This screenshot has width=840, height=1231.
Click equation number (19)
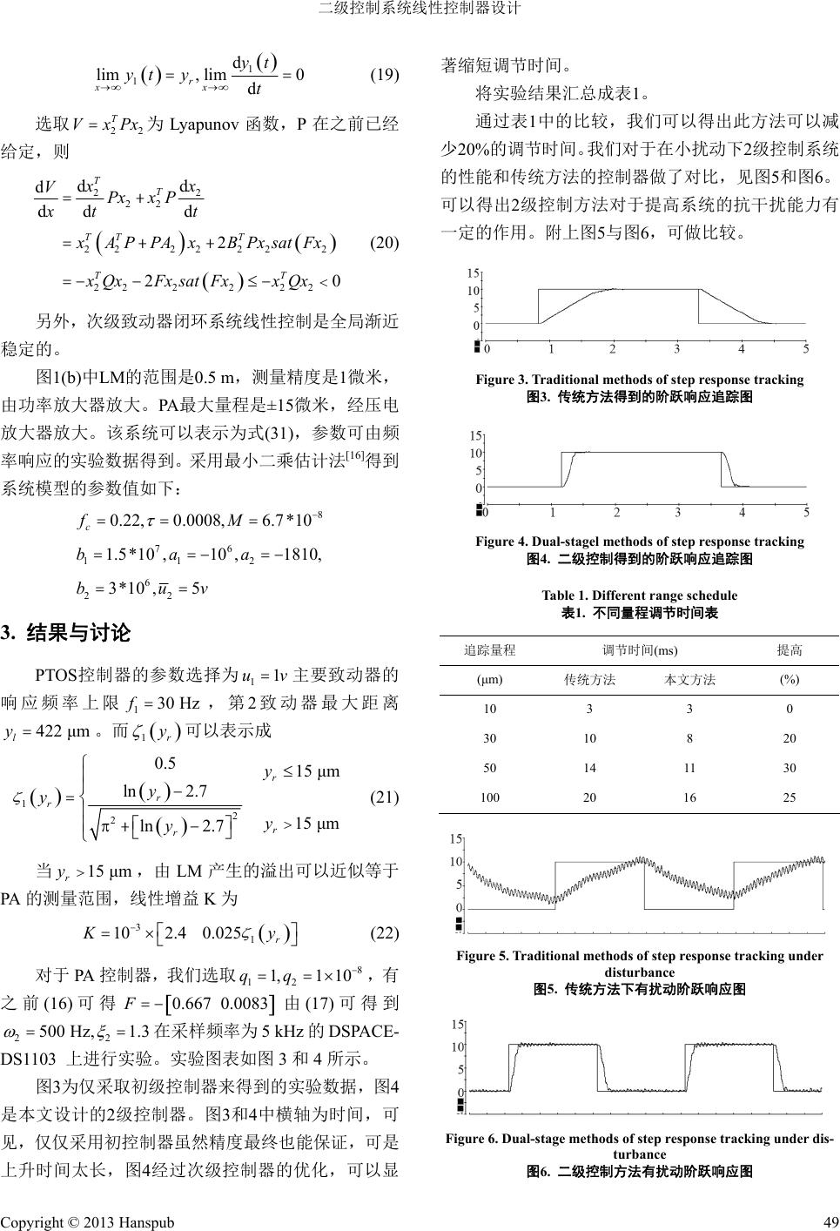385,74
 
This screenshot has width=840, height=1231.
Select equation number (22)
385,933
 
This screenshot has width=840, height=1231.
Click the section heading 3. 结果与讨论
66,633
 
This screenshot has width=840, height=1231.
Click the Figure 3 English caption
639,380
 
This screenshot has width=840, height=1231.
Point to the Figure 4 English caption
639,542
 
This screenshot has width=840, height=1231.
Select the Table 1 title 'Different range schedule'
639,595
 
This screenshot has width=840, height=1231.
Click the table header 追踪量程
490,649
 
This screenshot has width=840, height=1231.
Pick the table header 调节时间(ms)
640,649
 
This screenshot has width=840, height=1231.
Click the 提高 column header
790,649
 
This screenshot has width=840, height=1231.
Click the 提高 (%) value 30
790,768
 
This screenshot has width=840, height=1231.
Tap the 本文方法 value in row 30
689,738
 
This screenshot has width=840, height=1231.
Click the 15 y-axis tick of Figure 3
474,272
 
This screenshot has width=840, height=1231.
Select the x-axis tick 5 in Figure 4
806,510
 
